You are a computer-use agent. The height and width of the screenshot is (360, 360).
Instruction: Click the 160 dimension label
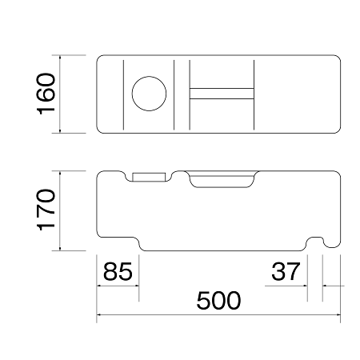[x=46, y=94]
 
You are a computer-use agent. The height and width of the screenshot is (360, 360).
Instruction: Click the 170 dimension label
[x=46, y=210]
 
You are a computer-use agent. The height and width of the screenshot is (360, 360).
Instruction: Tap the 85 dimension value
[x=118, y=271]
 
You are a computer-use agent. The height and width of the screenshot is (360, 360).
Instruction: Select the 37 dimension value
[x=286, y=271]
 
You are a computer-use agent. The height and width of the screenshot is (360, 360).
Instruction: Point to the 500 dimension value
[x=218, y=300]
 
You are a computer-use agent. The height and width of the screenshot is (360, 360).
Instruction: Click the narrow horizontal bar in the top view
[x=222, y=94]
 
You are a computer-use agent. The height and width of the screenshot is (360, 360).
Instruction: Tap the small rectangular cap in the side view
[x=149, y=177]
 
